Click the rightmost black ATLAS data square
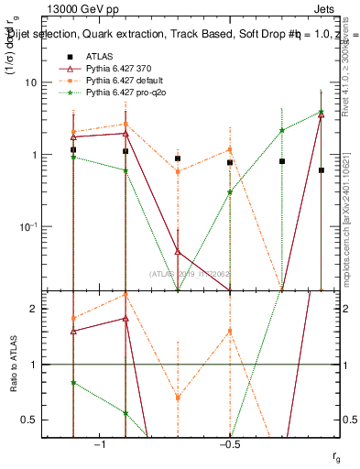[x=321, y=170]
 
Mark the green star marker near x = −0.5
[x=230, y=192]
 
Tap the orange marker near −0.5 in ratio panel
[x=230, y=332]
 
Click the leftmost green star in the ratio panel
[x=73, y=383]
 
